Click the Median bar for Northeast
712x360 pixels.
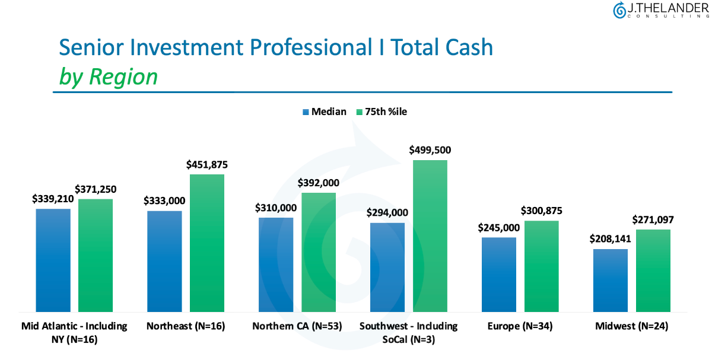[164, 261]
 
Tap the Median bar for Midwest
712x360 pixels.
[611, 280]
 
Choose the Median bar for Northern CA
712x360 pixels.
[276, 265]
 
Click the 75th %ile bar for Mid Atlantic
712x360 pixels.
[96, 255]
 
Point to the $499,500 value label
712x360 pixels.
[430, 150]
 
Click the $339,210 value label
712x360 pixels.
[53, 199]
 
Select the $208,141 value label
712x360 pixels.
[611, 239]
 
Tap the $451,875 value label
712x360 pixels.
[207, 164]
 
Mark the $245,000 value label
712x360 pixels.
[499, 228]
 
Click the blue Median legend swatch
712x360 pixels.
[306, 111]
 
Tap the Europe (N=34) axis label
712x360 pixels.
[520, 326]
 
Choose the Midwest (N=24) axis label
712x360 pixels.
[632, 326]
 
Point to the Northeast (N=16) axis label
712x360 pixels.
[186, 326]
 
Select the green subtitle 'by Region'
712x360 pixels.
[108, 77]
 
